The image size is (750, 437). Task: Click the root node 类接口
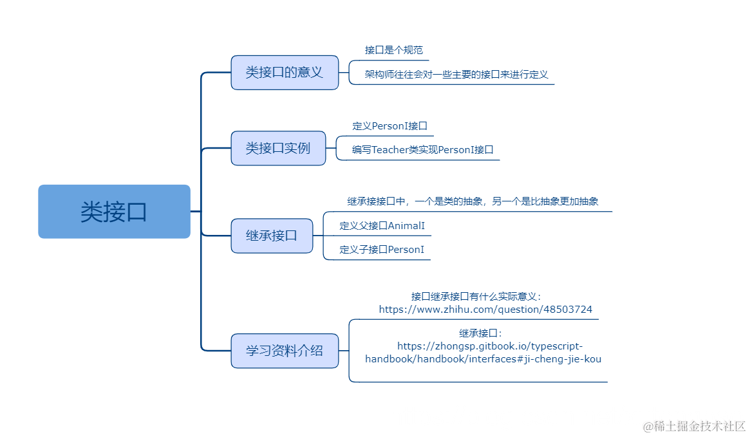coord(114,212)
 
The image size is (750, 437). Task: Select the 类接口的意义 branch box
coord(285,72)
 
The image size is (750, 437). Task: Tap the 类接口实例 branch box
coord(278,148)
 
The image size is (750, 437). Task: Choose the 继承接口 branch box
coord(272,236)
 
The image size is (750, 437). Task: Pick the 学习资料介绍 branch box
coord(285,351)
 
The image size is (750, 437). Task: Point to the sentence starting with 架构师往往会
coord(456,74)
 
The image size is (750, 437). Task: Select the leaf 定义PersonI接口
coord(389,126)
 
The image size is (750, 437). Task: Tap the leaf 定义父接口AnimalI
coord(382,226)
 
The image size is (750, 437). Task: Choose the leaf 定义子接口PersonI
coord(382,250)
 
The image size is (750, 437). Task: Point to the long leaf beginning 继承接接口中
coord(473,201)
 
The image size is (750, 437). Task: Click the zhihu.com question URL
coord(485,310)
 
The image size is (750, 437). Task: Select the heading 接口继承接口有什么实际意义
coord(476,297)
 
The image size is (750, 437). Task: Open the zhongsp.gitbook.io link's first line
coord(489,346)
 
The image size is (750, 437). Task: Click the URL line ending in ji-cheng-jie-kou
coord(483,359)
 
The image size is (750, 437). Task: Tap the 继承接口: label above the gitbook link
coord(480,333)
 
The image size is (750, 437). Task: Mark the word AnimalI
coord(406,226)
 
